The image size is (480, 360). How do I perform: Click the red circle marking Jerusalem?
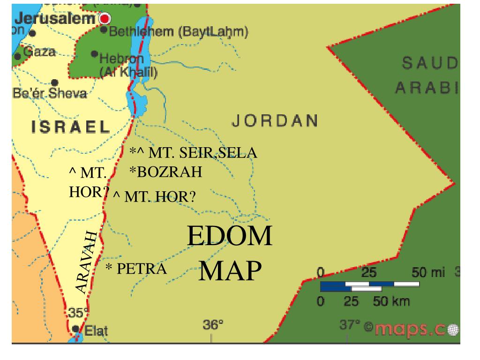[x=105, y=19]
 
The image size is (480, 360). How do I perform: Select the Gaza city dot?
[x=18, y=56]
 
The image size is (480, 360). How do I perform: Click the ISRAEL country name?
[x=71, y=126]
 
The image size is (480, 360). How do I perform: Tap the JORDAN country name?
[x=275, y=121]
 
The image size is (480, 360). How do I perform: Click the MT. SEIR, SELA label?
[x=194, y=154]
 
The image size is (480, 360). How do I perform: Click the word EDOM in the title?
[x=230, y=236]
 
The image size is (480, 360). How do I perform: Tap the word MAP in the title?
[x=230, y=270]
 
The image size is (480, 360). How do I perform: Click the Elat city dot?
[x=76, y=329]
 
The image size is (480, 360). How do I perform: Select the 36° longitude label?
[x=213, y=324]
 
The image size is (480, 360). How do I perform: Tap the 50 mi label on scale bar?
[x=427, y=272]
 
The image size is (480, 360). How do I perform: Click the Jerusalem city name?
[x=55, y=19]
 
